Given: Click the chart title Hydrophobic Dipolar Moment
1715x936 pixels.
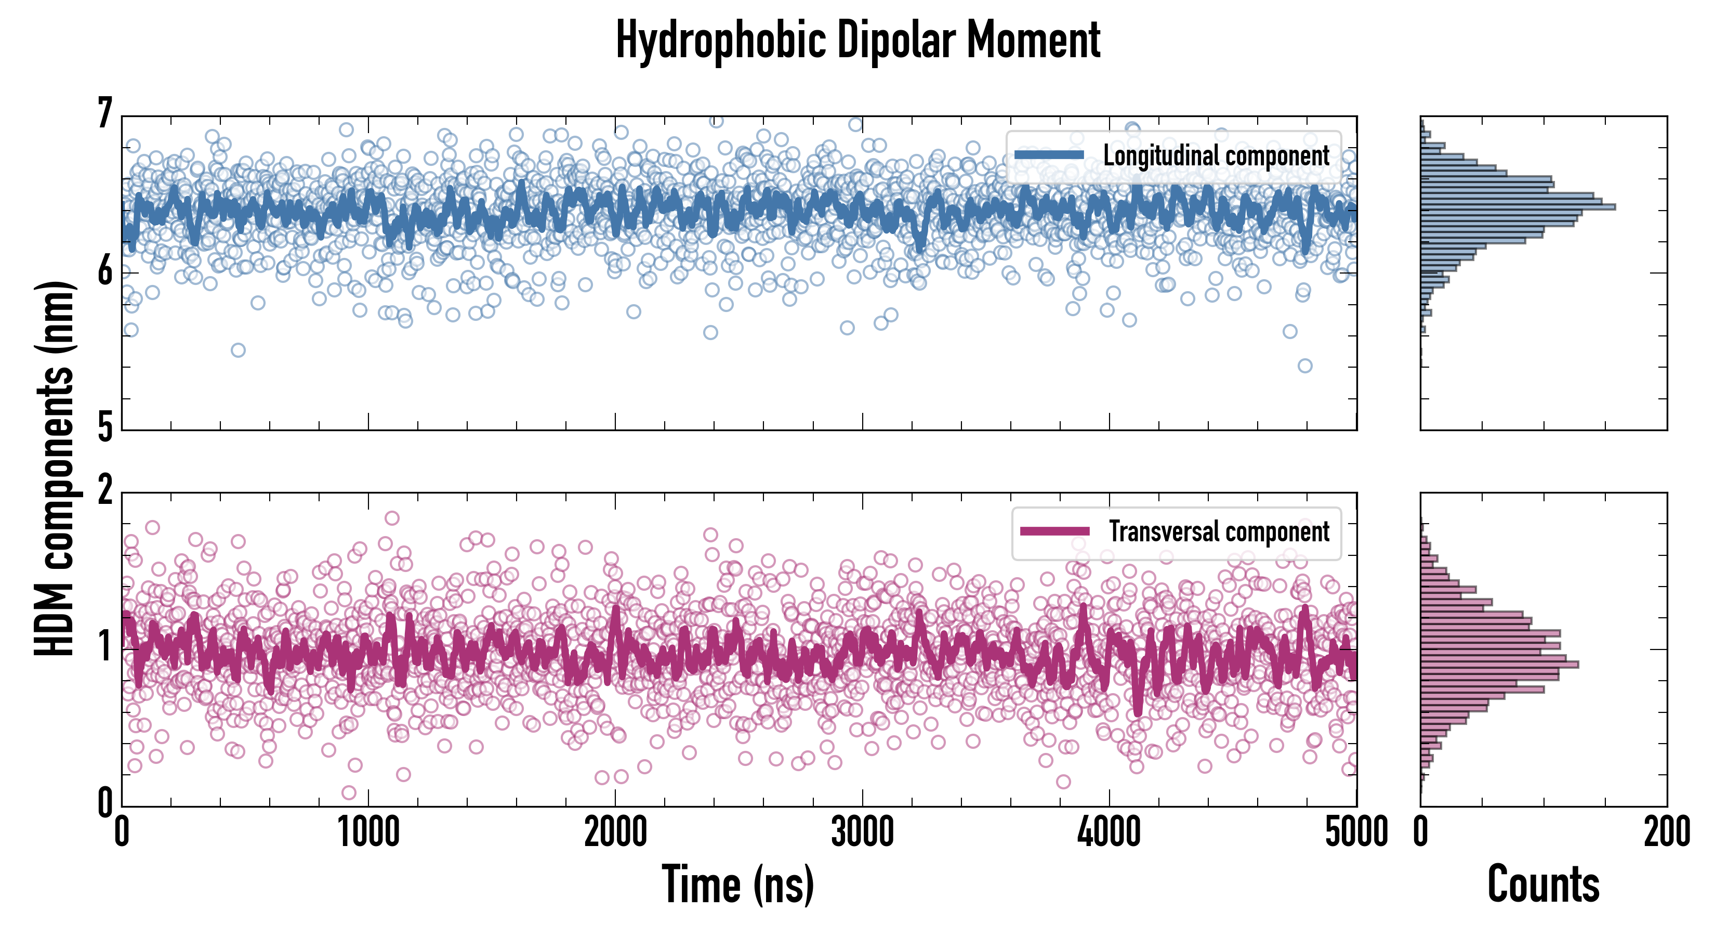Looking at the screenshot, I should click(857, 40).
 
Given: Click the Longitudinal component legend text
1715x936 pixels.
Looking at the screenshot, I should click(1216, 156).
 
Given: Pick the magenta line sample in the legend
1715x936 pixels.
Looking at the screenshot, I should click(1054, 531).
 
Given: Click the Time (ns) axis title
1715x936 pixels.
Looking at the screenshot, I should click(737, 884).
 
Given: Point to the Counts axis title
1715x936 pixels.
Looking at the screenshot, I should click(1543, 884).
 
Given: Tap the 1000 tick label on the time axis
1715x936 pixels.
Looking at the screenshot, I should click(368, 833).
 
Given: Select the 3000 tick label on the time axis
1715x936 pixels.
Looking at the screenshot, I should click(862, 833).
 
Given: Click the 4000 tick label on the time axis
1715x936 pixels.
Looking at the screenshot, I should click(1109, 833).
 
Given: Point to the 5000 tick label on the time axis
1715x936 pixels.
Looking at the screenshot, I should click(1356, 833).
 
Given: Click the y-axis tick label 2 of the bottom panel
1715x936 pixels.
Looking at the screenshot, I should click(105, 491).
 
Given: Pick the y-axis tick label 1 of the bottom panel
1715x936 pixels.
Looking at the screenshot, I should click(105, 647).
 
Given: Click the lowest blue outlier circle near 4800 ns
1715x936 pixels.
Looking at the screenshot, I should click(1305, 366).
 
